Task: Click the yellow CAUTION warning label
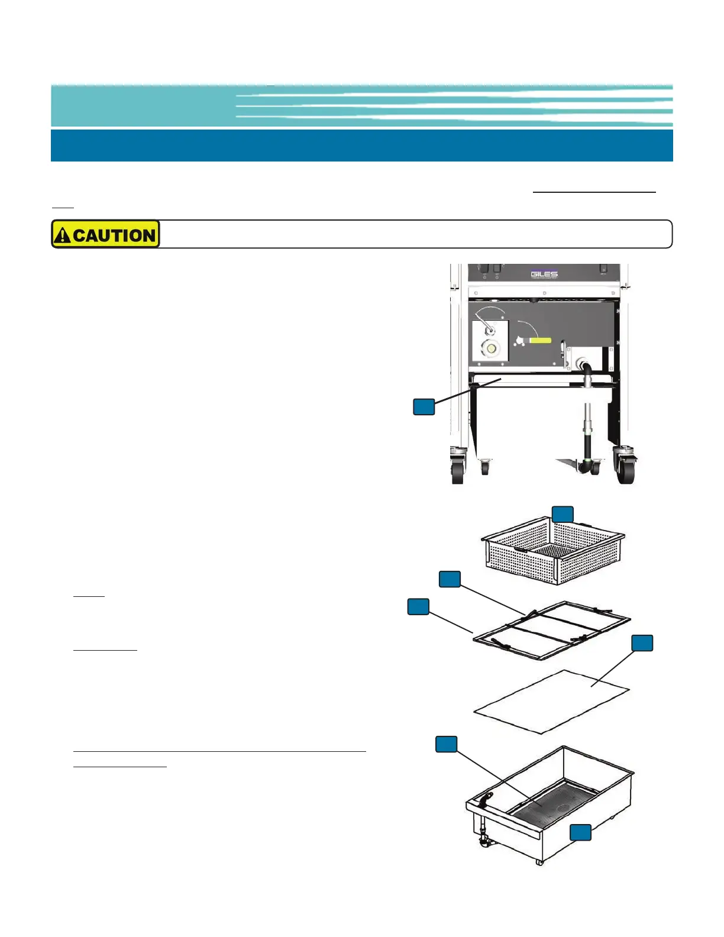pyautogui.click(x=106, y=234)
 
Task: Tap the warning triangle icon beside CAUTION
pyautogui.click(x=62, y=235)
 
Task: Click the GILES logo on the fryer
pyautogui.click(x=544, y=274)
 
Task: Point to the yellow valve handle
pyautogui.click(x=540, y=341)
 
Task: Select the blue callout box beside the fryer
pyautogui.click(x=424, y=406)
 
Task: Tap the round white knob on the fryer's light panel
pyautogui.click(x=490, y=348)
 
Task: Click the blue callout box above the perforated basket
pyautogui.click(x=563, y=514)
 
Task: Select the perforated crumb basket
pyautogui.click(x=553, y=553)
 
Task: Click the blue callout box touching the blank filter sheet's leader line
pyautogui.click(x=642, y=643)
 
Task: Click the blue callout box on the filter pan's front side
pyautogui.click(x=580, y=832)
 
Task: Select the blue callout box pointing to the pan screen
pyautogui.click(x=447, y=744)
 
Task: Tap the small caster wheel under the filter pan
pyautogui.click(x=539, y=861)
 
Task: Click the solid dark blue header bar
pyautogui.click(x=361, y=146)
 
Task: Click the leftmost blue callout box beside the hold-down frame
pyautogui.click(x=418, y=606)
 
